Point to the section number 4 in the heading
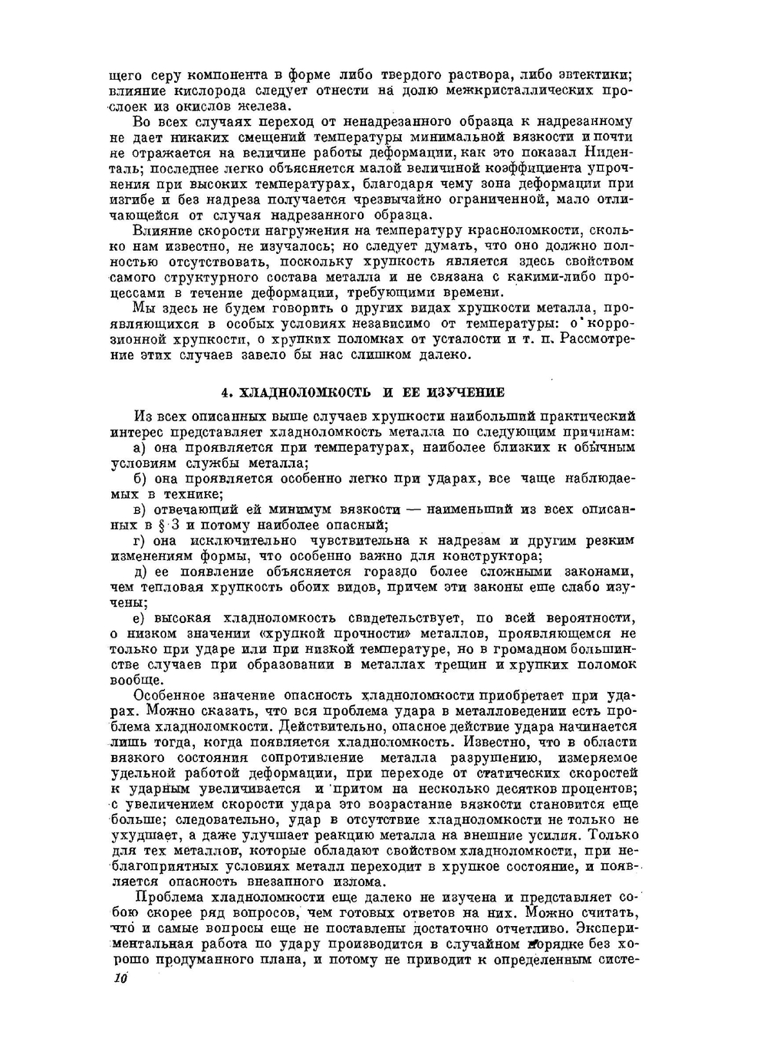225,393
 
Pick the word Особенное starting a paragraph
170,696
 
